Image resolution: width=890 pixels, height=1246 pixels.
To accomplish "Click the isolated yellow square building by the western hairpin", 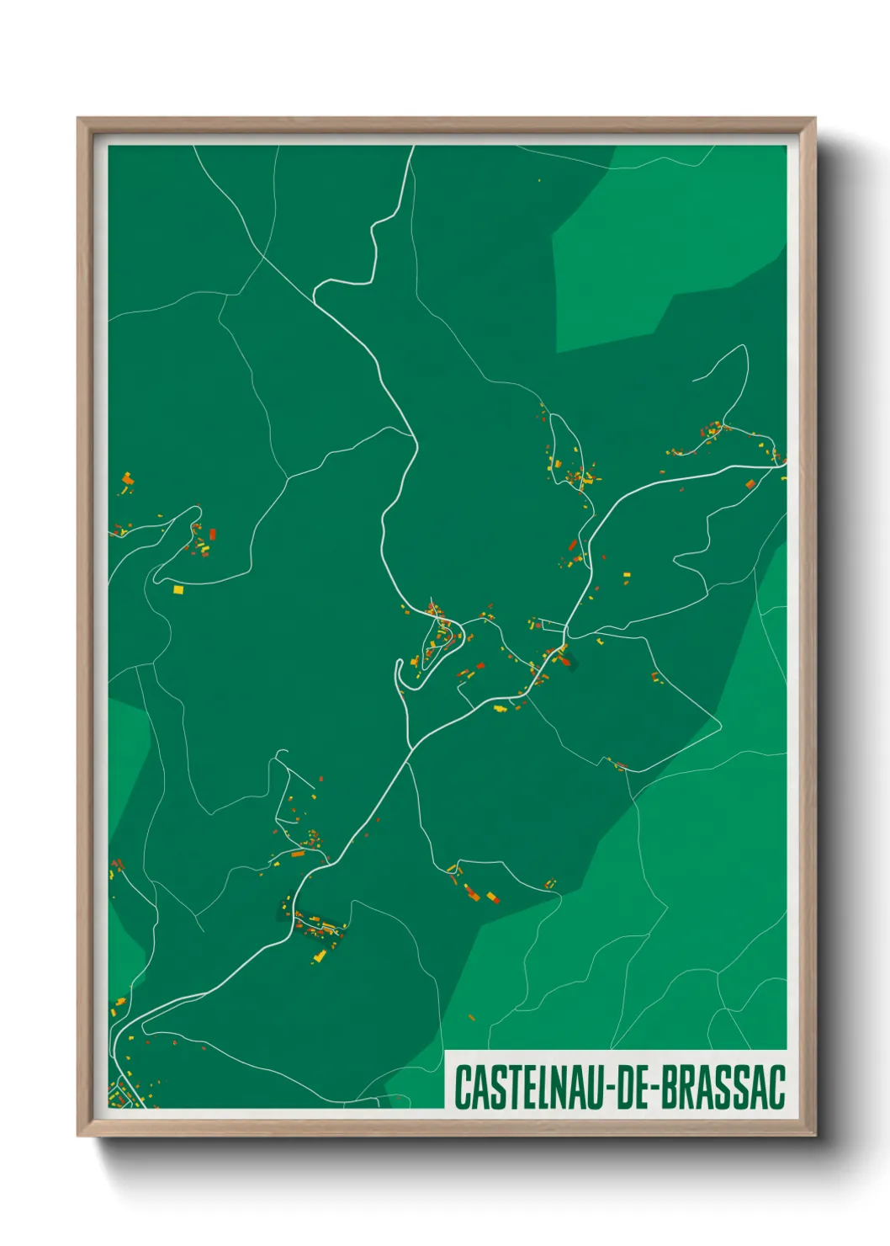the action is coord(177,590).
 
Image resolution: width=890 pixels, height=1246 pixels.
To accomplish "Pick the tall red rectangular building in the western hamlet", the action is coord(213,534).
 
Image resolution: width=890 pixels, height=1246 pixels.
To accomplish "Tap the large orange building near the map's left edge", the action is coord(128,479).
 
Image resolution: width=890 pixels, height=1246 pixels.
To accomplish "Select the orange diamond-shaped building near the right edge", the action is coord(750,484).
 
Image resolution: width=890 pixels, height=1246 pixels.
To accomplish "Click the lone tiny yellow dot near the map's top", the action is coord(539,180).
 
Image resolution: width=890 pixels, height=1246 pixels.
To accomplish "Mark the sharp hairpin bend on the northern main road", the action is coord(316,292).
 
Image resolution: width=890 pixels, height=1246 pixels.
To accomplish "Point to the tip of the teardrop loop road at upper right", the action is coord(743,347).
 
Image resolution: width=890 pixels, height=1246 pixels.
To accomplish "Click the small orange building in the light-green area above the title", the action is coord(472,1018).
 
